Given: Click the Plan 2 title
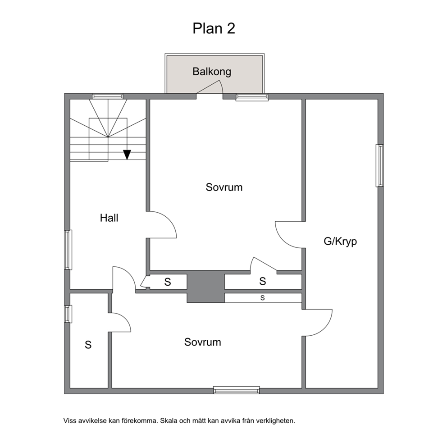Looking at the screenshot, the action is (x=214, y=28).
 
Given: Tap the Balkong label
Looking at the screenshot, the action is (x=212, y=72).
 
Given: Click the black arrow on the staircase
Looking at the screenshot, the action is (x=127, y=155).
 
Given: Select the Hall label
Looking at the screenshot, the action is (x=109, y=218).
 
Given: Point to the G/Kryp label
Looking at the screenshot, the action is (x=340, y=242).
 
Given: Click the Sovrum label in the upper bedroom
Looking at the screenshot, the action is (x=224, y=187).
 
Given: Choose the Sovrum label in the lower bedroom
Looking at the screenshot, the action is (x=202, y=342).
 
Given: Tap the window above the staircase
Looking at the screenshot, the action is (x=108, y=96).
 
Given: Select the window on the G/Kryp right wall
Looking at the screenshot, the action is (x=379, y=166).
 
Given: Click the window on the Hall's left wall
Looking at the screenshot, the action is (x=68, y=250).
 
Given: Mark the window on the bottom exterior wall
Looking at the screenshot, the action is (x=237, y=390).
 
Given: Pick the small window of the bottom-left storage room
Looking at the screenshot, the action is (x=68, y=314).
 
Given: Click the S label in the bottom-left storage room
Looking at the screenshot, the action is (x=88, y=345).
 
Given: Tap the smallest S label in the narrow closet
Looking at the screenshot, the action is (x=263, y=298).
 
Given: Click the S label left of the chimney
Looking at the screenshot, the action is (x=168, y=282).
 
